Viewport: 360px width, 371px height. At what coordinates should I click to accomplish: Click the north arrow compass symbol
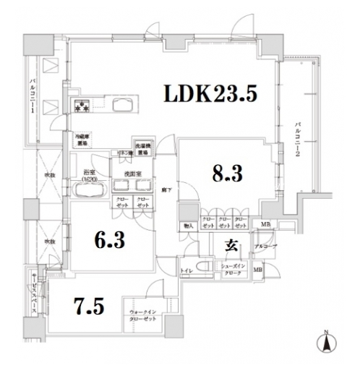coord(325,342)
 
